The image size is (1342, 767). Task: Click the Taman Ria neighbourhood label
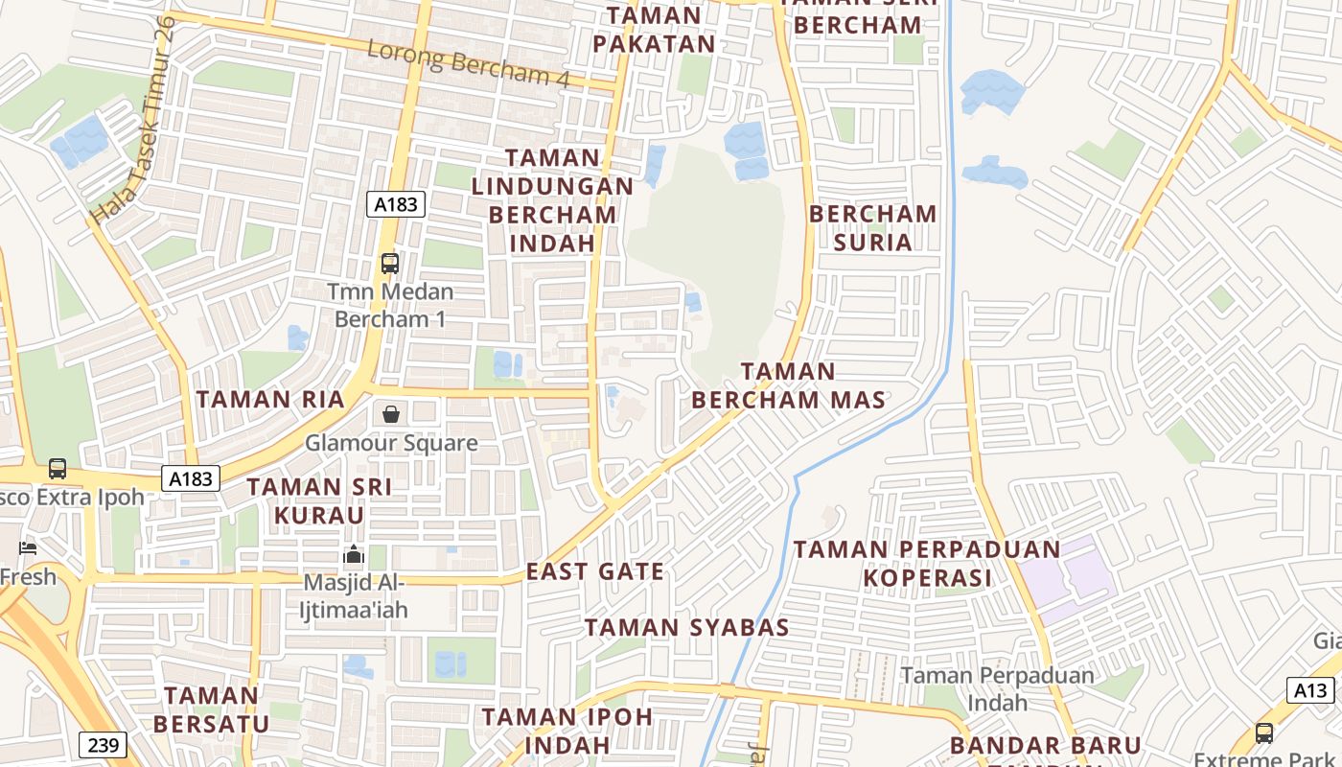pyautogui.click(x=269, y=399)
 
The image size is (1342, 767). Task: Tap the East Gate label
pyautogui.click(x=594, y=571)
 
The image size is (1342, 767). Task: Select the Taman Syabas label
pyautogui.click(x=686, y=628)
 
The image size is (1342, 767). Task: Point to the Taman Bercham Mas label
pyautogui.click(x=788, y=385)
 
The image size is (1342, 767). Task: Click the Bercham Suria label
pyautogui.click(x=872, y=227)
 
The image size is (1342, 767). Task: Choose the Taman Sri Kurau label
pyautogui.click(x=319, y=500)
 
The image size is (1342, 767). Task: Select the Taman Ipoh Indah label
pyautogui.click(x=567, y=730)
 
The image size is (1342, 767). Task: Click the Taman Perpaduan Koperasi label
pyautogui.click(x=927, y=564)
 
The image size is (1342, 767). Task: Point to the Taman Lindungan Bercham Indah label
pyautogui.click(x=552, y=200)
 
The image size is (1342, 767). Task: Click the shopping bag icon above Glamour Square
pyautogui.click(x=391, y=414)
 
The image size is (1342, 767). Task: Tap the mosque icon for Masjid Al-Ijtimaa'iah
pyautogui.click(x=354, y=555)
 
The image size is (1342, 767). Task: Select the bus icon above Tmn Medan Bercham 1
pyautogui.click(x=389, y=263)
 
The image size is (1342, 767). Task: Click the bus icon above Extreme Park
pyautogui.click(x=1264, y=733)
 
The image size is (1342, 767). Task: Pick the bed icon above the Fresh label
pyautogui.click(x=28, y=548)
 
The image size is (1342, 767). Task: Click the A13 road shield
pyautogui.click(x=1309, y=690)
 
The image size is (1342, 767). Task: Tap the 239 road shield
pyautogui.click(x=103, y=745)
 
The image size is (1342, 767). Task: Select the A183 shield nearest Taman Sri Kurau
pyautogui.click(x=191, y=478)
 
